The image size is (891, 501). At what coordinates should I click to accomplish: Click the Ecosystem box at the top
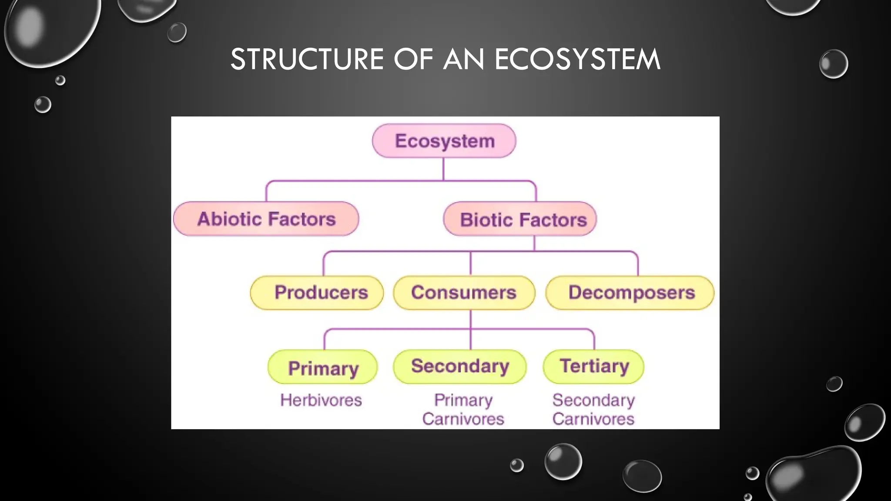444,141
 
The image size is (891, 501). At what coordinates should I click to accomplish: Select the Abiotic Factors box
266,219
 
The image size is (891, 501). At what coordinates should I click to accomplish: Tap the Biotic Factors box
520,219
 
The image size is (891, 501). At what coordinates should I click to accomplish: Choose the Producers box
317,293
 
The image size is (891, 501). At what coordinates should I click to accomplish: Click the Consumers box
464,293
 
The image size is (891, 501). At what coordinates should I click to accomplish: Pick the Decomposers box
630,293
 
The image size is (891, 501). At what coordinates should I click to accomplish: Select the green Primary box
323,367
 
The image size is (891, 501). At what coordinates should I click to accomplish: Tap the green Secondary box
460,367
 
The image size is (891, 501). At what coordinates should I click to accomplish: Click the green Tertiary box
594,366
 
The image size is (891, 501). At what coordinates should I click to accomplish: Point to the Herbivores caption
321,400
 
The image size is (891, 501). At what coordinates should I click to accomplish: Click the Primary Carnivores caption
463,409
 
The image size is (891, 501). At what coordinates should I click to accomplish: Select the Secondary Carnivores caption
593,409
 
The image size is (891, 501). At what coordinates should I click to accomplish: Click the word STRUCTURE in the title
307,59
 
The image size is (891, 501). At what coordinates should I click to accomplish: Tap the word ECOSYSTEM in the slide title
577,59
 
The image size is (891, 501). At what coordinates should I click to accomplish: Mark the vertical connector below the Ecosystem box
443,169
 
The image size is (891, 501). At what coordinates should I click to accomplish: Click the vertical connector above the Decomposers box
638,264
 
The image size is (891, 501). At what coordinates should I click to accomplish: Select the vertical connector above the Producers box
324,264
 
